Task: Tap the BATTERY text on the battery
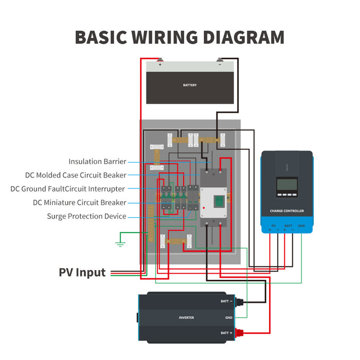(190, 85)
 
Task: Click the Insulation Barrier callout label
(97, 161)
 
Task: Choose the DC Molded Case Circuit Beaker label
(76, 175)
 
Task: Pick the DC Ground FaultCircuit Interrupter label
(67, 189)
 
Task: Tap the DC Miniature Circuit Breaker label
(79, 203)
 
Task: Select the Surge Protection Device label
(86, 217)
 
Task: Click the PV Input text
(82, 273)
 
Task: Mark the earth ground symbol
(120, 243)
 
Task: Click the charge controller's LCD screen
(287, 184)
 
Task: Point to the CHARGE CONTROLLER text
(287, 211)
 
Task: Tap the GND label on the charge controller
(301, 226)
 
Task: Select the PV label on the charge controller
(273, 226)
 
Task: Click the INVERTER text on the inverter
(186, 318)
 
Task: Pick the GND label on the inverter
(229, 318)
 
